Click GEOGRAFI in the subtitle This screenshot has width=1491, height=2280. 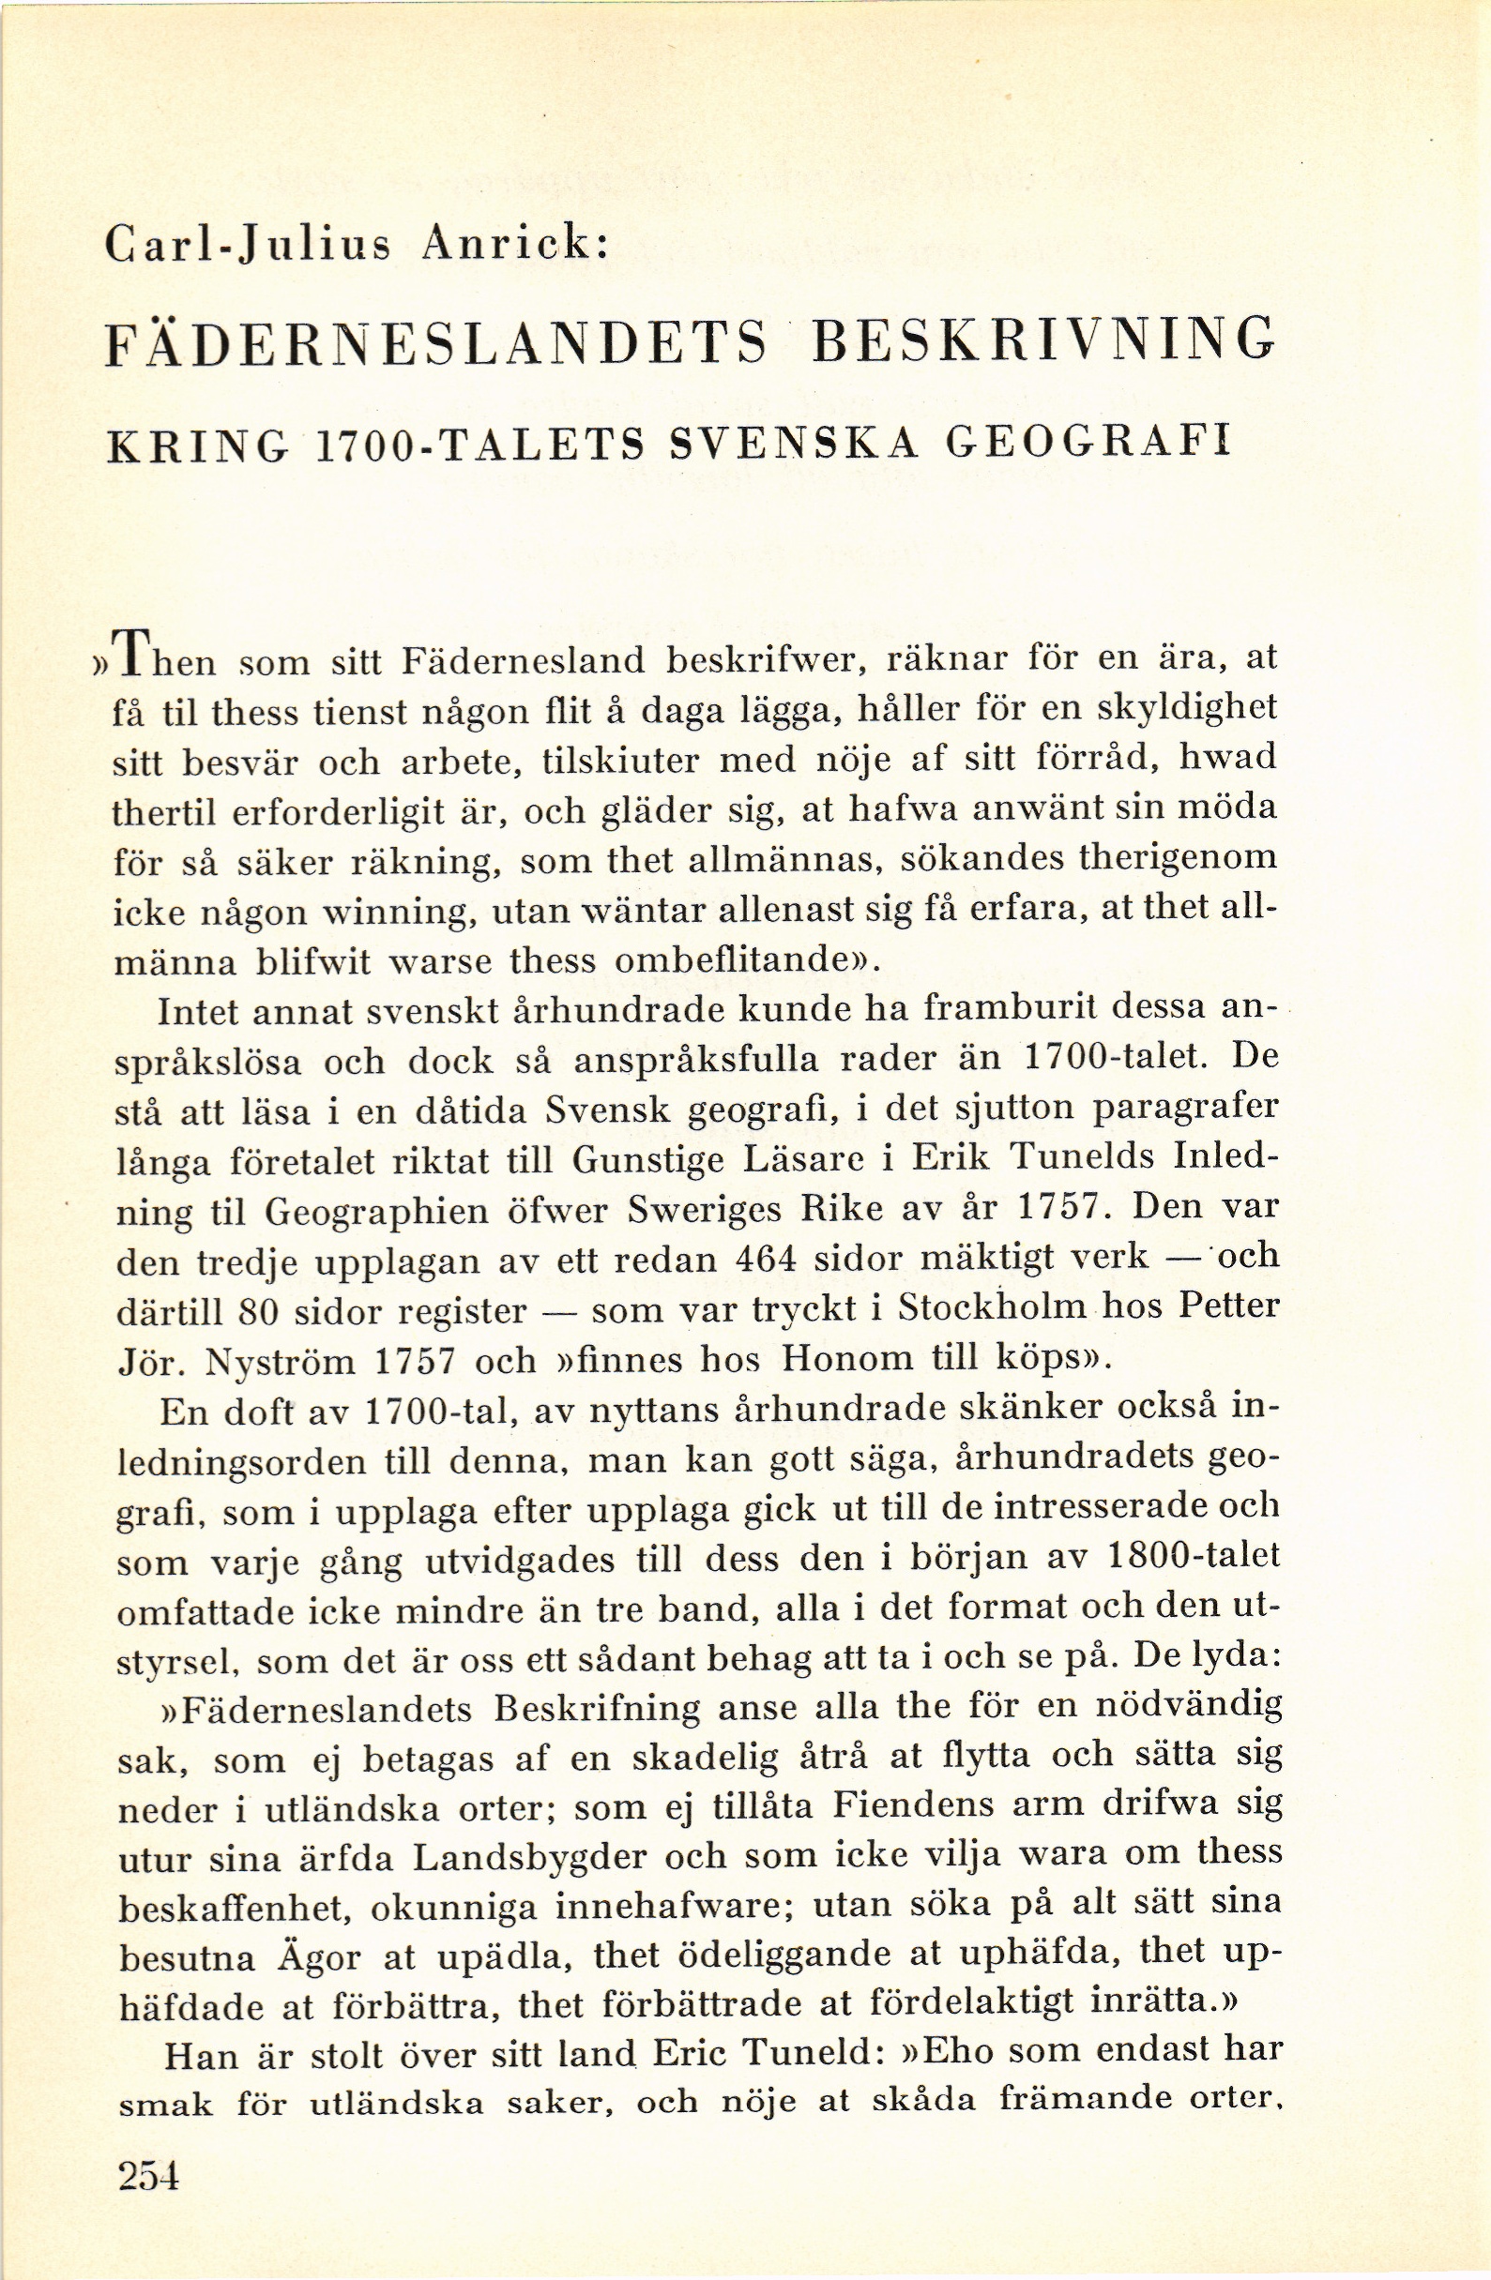1087,445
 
